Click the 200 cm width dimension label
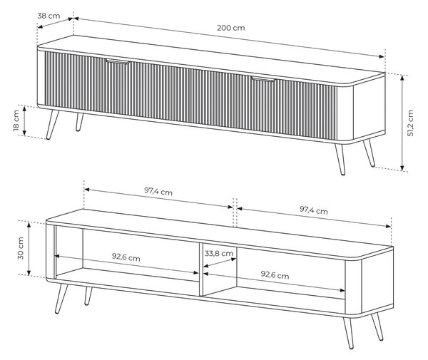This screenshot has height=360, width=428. coord(231,28)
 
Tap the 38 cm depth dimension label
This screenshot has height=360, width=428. coord(49,16)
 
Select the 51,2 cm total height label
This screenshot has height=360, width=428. coord(411,123)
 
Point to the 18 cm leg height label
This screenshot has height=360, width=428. coord(16,120)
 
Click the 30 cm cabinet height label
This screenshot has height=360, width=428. coord(21,248)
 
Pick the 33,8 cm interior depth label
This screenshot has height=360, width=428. coord(219,254)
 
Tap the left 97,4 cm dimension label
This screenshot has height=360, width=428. coord(158,191)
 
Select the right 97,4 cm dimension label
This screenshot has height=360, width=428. coord(314,210)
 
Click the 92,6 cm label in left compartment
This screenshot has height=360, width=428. coord(126,257)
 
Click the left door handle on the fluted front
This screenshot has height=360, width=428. coord(118,62)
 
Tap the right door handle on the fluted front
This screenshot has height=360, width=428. coord(264,80)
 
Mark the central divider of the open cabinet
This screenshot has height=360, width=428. coord(201,269)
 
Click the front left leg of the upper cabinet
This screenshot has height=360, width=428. coord(52,125)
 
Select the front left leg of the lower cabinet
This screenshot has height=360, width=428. coord(61,299)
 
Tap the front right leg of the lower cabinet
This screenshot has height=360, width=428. coord(349,334)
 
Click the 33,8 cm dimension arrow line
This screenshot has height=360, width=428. coord(220,262)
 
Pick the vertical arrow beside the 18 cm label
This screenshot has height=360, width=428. coord(24,120)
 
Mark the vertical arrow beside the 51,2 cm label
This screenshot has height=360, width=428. coord(402,123)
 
